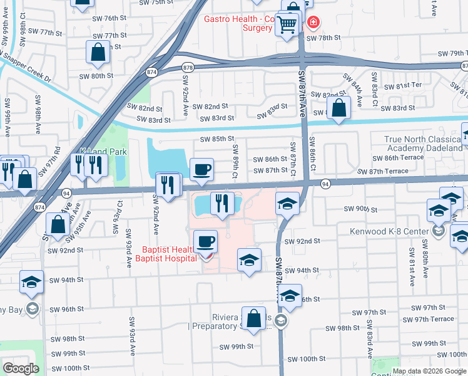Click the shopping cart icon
pyautogui.click(x=287, y=26)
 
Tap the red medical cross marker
pyautogui.click(x=313, y=23)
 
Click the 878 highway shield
pyautogui.click(x=188, y=67)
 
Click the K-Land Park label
pyautogui.click(x=103, y=151)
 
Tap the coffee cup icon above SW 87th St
pyautogui.click(x=201, y=169)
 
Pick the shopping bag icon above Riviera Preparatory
pyautogui.click(x=254, y=318)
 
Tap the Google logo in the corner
pyautogui.click(x=21, y=368)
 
